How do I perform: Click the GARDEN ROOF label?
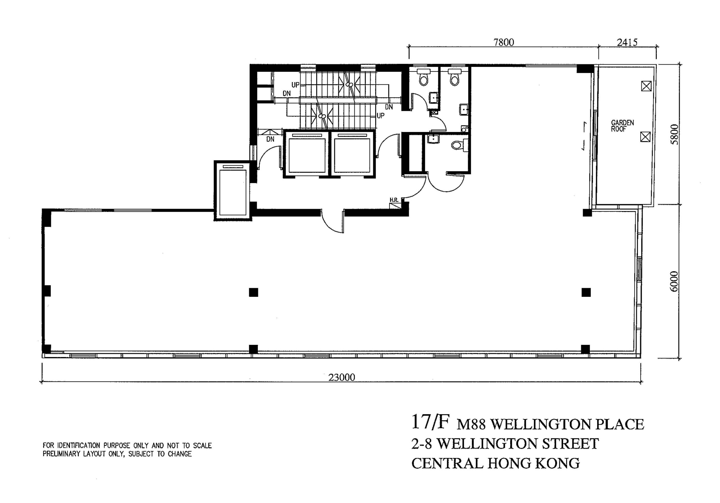(622, 125)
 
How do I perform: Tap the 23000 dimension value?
(341, 377)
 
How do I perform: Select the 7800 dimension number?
(504, 42)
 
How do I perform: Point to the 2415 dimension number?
(627, 42)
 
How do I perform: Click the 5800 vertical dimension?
(674, 134)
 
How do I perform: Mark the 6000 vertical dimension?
(674, 281)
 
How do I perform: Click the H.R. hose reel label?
(394, 200)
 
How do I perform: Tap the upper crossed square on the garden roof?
(646, 86)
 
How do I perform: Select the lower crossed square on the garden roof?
(645, 137)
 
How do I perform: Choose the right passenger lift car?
(352, 155)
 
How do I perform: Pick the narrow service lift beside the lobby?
(232, 192)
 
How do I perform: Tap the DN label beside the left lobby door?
(270, 139)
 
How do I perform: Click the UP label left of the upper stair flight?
(295, 85)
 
